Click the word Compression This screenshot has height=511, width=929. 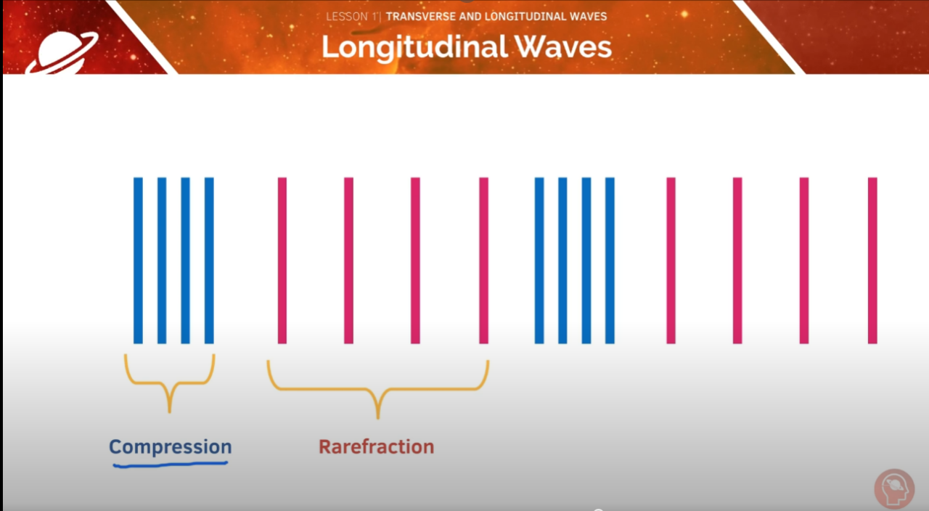coord(170,446)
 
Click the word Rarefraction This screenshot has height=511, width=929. coord(376,446)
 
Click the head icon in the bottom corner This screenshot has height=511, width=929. coord(893,488)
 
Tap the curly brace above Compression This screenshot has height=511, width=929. coord(170,377)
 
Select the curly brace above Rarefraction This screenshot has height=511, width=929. coord(377,385)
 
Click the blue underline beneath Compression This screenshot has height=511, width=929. coord(170,463)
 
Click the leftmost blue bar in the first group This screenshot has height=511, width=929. coord(138,260)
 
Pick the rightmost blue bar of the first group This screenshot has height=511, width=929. coord(209,260)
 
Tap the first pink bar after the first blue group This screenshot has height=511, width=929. coord(282,260)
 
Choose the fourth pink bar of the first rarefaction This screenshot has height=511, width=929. coord(483,260)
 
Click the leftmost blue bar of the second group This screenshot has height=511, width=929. coord(539,260)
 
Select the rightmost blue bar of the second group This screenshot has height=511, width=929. coord(610,260)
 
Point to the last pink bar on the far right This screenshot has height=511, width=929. coord(872,260)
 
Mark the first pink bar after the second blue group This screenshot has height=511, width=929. coord(671,260)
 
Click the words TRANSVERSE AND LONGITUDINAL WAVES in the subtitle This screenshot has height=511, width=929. coord(496,16)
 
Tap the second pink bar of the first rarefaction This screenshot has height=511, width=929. coord(348,260)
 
